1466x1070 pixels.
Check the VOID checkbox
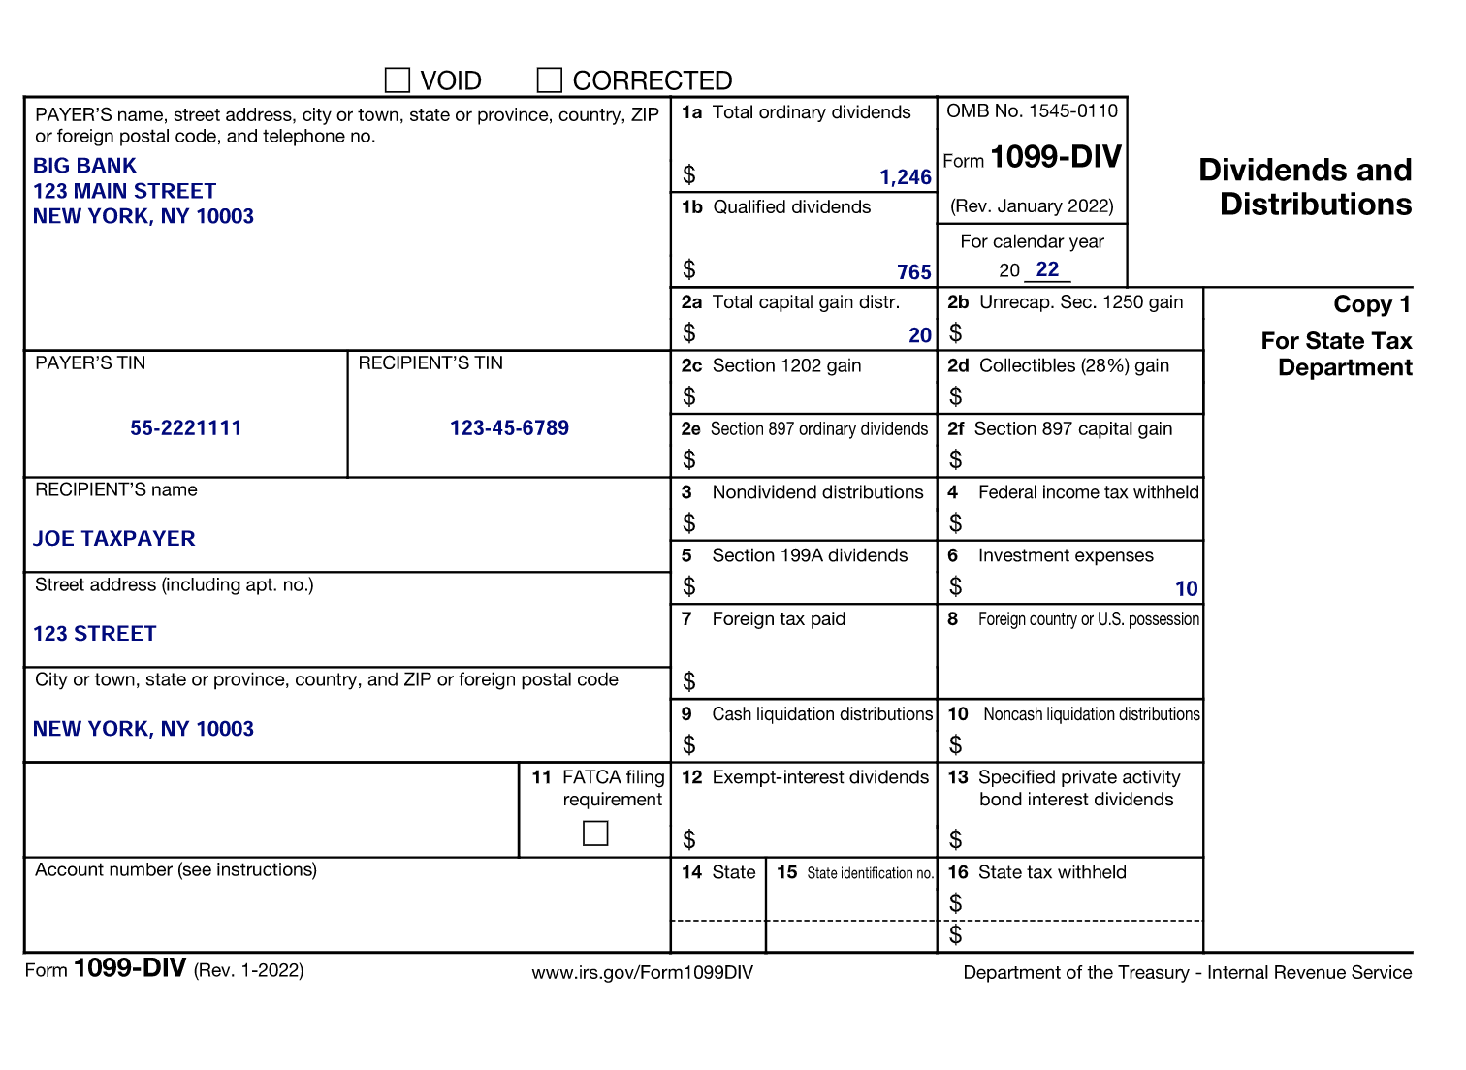pos(398,79)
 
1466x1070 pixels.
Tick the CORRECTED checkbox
pos(550,79)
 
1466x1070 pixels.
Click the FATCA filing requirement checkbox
pos(595,834)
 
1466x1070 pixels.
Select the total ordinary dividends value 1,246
pos(905,177)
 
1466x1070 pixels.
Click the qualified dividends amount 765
pos(913,272)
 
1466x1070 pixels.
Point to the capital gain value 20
pos(919,335)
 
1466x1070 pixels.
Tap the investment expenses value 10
pos(1186,589)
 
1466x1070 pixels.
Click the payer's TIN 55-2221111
pos(186,428)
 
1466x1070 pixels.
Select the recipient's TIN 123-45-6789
pos(509,428)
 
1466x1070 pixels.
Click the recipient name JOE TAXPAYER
pos(114,539)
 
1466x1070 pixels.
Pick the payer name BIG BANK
pos(85,166)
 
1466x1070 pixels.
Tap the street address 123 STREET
pos(95,634)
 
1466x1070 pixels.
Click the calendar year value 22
pos(1047,269)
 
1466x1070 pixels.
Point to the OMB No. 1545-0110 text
pos(1032,111)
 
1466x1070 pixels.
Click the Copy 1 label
pos(1371,304)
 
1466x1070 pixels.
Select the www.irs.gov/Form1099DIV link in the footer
pos(642,972)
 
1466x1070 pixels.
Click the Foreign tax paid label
pos(779,619)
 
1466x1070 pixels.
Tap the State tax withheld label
pos(1051,872)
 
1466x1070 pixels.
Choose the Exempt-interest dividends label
pos(819,777)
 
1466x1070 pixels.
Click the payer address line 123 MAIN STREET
pos(124,191)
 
